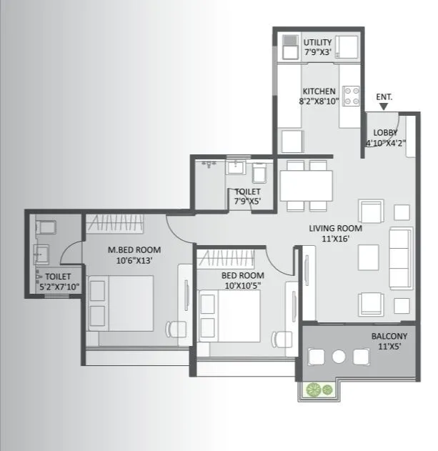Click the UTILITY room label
317,43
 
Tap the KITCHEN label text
318,91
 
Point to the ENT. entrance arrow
384,107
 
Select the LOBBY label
385,133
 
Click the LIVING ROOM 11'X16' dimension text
335,239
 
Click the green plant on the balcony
318,390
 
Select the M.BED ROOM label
134,249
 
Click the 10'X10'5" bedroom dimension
242,285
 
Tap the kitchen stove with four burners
350,96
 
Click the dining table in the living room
307,186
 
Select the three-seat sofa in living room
400,257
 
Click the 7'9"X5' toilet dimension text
247,202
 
